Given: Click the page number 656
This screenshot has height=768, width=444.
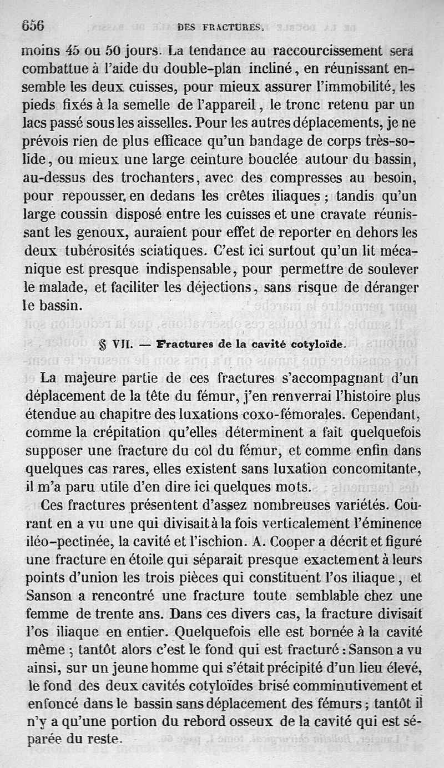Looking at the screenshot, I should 33,25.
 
